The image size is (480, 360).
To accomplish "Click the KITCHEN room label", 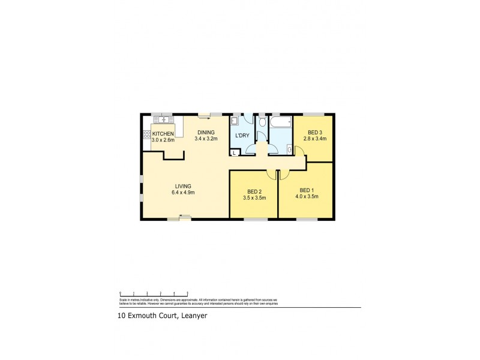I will pos(163,133).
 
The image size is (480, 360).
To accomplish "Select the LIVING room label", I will pos(184,185).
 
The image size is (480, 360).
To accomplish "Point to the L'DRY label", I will pos(242,136).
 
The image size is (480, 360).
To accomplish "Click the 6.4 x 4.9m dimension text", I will pos(184,192).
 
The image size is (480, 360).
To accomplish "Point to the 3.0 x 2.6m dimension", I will pos(163,140).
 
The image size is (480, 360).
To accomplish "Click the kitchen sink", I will pos(161,120).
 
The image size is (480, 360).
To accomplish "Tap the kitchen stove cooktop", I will pos(146,134).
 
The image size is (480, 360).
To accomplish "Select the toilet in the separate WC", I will pos(262,125).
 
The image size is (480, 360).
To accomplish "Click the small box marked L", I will pos(235,152).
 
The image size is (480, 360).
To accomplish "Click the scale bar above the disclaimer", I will pos(154,293).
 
